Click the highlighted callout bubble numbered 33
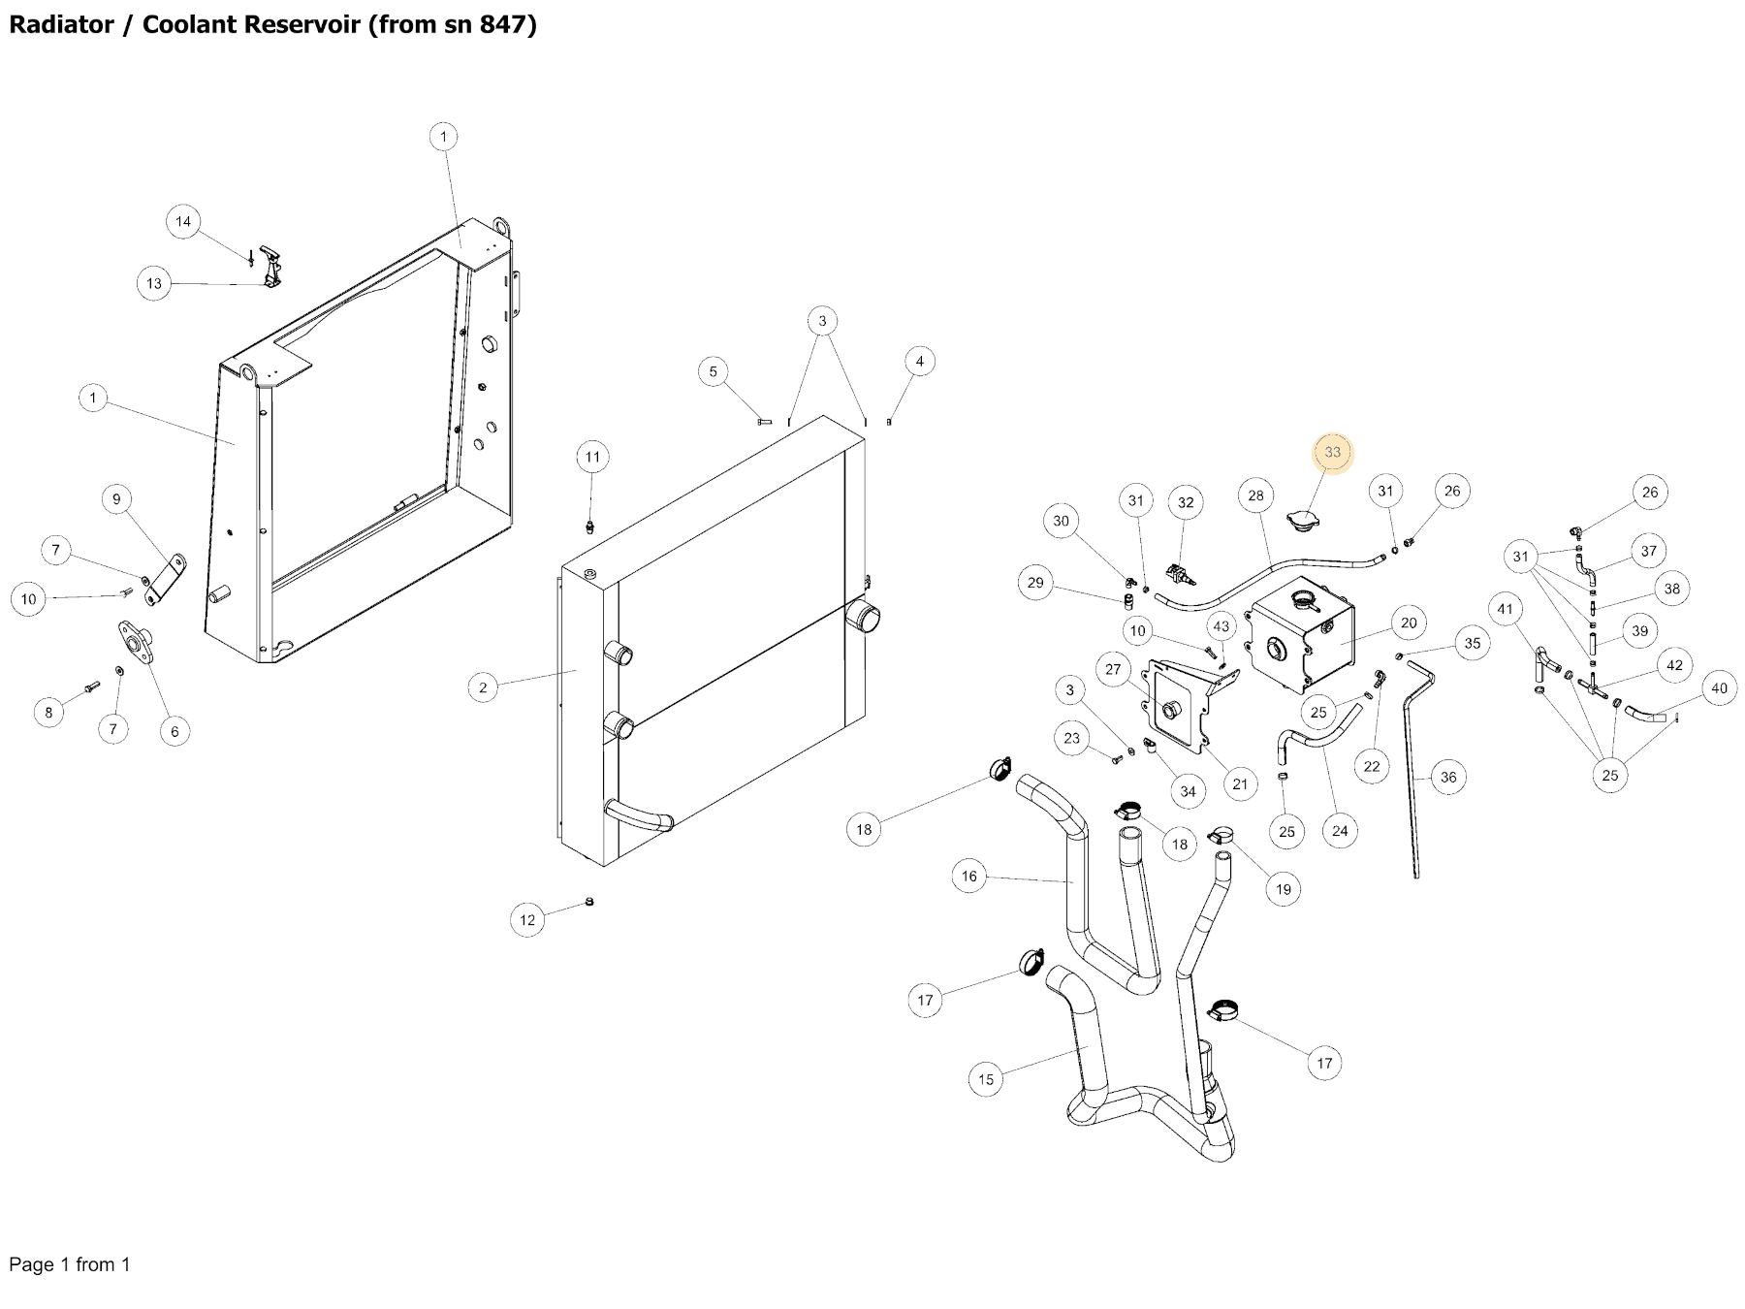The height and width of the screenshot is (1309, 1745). [x=1332, y=453]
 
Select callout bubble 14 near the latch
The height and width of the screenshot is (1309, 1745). [x=183, y=222]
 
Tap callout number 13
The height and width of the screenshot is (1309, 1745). [x=154, y=284]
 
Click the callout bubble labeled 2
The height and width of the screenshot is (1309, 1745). [x=483, y=688]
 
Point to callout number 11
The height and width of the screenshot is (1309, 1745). [x=592, y=457]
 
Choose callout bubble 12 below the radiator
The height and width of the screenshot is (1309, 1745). [x=527, y=920]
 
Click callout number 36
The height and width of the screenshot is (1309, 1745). [x=1448, y=777]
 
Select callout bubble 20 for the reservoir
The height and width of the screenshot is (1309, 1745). [x=1409, y=623]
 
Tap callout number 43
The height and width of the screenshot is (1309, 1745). [x=1221, y=626]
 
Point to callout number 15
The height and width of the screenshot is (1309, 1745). [x=986, y=1079]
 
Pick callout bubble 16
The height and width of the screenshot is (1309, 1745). [x=969, y=877]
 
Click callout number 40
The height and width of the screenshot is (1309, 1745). [x=1719, y=688]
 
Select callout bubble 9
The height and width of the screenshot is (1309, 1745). [x=116, y=499]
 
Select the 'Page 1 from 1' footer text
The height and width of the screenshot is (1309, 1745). [x=69, y=1264]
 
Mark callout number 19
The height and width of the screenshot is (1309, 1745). [x=1284, y=889]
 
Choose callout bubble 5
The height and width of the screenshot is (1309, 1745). [x=714, y=371]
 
